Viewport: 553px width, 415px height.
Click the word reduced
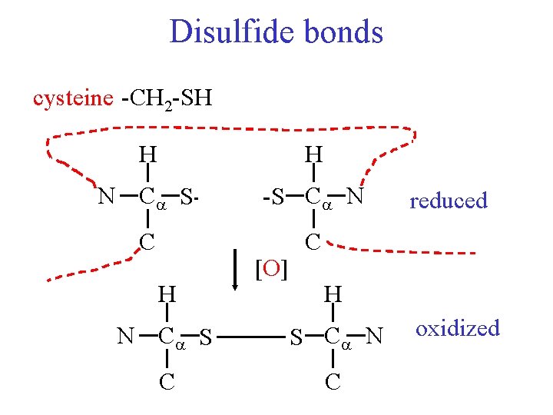[449, 201]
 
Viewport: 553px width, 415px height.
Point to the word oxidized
[458, 328]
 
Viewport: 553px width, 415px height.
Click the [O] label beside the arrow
[270, 269]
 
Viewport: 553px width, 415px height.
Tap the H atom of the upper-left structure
[147, 154]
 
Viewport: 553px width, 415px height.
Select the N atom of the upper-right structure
[354, 198]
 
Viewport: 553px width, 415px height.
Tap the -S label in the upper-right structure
[273, 198]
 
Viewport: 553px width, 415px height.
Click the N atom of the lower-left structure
[125, 337]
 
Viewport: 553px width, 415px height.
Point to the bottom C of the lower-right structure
[333, 381]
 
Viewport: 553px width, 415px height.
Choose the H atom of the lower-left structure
[167, 294]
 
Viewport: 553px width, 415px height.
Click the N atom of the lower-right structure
[375, 337]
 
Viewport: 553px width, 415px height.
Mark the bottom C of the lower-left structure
[167, 381]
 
